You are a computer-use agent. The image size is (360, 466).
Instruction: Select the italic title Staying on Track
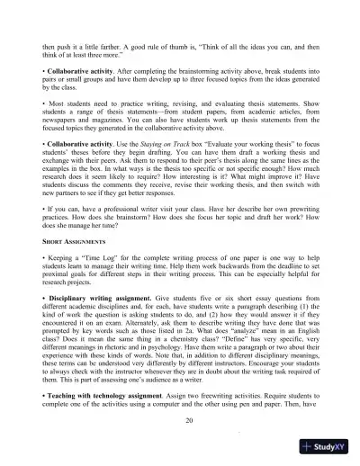click(x=153, y=169)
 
